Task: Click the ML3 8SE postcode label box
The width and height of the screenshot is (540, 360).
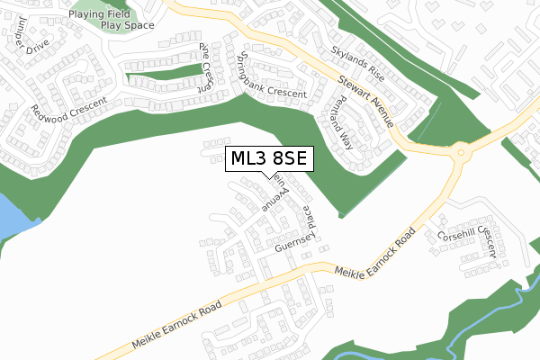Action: coord(269,157)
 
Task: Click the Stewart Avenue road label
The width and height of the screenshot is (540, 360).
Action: coord(365,101)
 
